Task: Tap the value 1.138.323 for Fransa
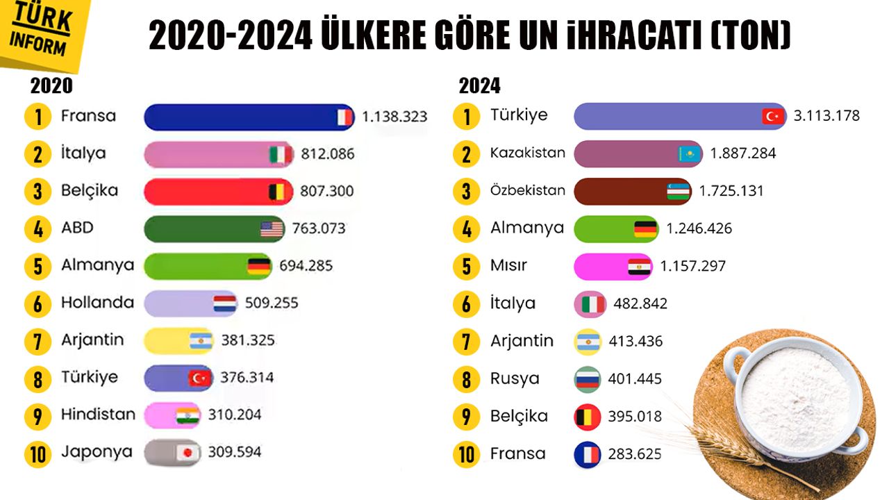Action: [x=394, y=117]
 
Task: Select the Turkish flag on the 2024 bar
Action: [x=772, y=116]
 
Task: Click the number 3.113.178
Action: [x=826, y=116]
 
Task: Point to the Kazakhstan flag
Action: [x=689, y=153]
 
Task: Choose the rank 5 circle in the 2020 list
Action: [x=38, y=267]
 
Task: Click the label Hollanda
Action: [x=97, y=303]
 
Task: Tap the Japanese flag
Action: [x=187, y=453]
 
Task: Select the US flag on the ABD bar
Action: [x=272, y=228]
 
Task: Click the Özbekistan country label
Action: [x=527, y=190]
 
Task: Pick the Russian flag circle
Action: [x=587, y=379]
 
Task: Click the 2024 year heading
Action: [x=479, y=86]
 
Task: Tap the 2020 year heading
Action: [x=51, y=85]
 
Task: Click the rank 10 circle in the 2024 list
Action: [x=466, y=455]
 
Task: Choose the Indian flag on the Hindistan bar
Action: [x=188, y=415]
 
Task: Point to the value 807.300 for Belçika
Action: [x=327, y=191]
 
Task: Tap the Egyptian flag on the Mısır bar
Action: [x=638, y=267]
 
